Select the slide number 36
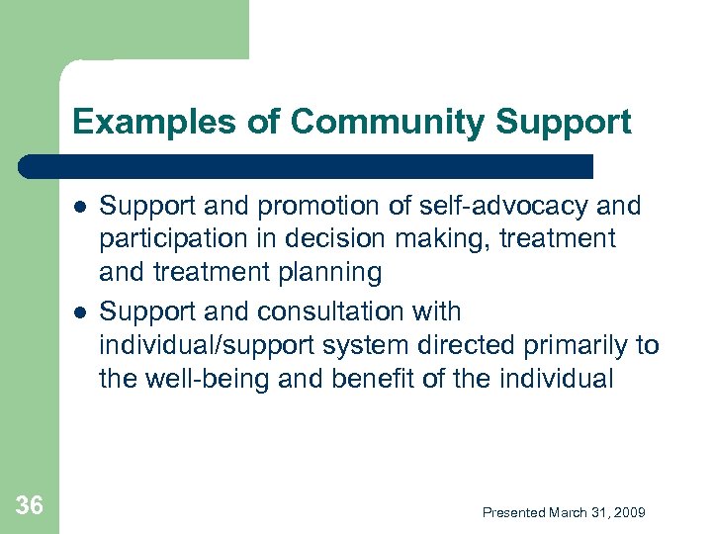pyautogui.click(x=30, y=506)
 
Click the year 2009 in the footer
pyautogui.click(x=628, y=512)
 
